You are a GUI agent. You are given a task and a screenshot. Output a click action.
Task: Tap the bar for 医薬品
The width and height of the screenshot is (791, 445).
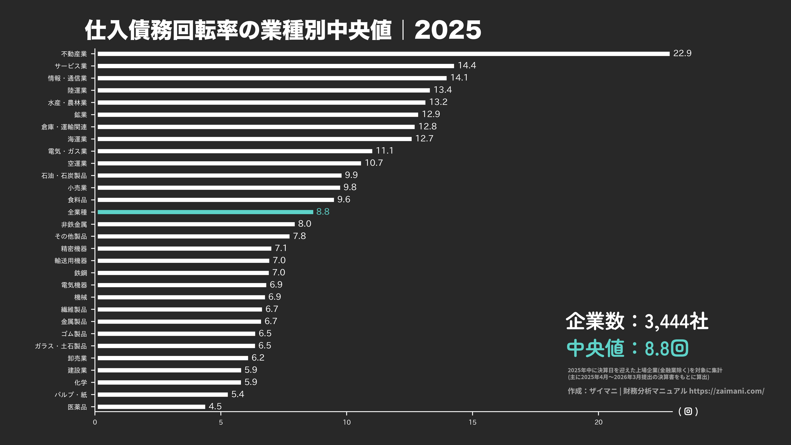click(x=151, y=407)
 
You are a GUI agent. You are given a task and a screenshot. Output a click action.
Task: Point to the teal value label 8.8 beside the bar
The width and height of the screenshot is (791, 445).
click(x=323, y=212)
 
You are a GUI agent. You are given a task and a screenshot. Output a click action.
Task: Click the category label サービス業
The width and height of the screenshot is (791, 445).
click(x=71, y=66)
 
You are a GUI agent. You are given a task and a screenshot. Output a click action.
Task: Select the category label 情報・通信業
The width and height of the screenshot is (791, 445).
click(x=67, y=78)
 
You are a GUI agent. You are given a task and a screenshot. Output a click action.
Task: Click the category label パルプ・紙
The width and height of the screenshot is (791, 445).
click(x=71, y=395)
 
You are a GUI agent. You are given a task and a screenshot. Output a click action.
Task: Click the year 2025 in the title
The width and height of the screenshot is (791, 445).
click(x=448, y=30)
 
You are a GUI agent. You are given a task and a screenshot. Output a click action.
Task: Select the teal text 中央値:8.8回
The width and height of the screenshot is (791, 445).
click(x=627, y=348)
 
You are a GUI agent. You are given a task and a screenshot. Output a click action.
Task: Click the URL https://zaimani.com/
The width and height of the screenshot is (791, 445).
click(x=726, y=391)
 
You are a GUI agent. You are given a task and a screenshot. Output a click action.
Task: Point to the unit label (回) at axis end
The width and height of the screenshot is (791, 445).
click(x=688, y=411)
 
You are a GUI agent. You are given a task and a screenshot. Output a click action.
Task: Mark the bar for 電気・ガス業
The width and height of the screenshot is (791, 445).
click(x=235, y=151)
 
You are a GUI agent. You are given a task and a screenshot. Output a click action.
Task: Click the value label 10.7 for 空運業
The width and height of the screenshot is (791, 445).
click(x=374, y=163)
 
